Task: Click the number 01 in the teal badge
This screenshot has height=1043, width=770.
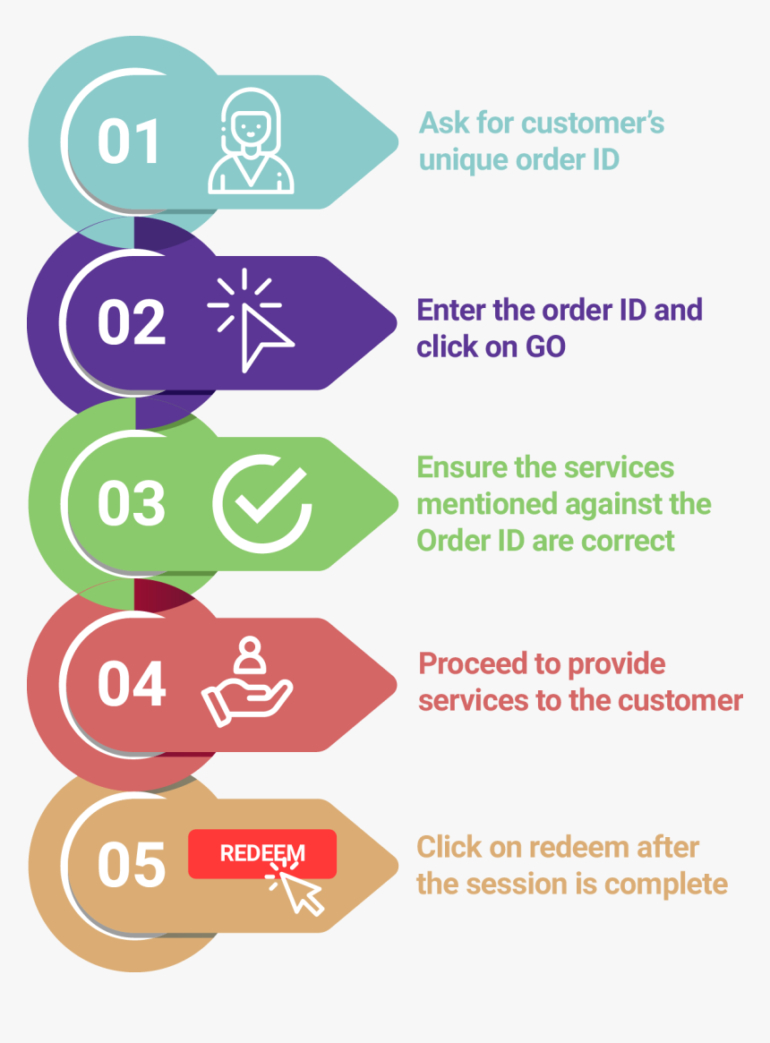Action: pyautogui.click(x=129, y=141)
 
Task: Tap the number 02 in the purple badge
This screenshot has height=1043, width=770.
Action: pyautogui.click(x=131, y=322)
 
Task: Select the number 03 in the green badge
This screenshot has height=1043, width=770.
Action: pyautogui.click(x=131, y=503)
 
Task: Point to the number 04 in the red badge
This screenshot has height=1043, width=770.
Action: pyautogui.click(x=131, y=685)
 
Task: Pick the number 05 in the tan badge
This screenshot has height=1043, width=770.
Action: pyautogui.click(x=131, y=866)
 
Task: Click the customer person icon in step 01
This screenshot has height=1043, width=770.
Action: pyautogui.click(x=251, y=141)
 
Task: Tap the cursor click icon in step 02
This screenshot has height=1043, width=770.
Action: pyautogui.click(x=250, y=320)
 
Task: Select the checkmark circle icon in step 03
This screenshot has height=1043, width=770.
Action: pyautogui.click(x=262, y=503)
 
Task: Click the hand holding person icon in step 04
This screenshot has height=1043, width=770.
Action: pyautogui.click(x=247, y=682)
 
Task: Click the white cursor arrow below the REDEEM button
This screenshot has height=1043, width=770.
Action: pyautogui.click(x=299, y=892)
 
